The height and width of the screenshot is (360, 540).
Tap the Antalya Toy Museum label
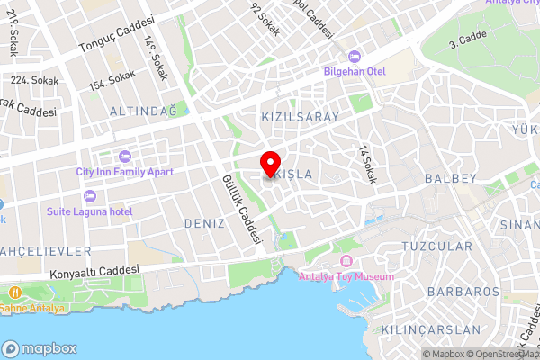(x=346, y=276)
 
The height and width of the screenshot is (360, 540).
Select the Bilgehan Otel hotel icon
(x=352, y=57)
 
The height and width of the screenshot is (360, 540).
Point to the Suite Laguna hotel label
(x=89, y=211)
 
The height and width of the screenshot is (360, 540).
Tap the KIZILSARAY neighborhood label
(x=300, y=118)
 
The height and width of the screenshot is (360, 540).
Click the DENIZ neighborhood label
(x=203, y=222)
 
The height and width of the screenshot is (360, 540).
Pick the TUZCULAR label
(x=436, y=246)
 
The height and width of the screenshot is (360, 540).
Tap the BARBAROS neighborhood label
(x=463, y=292)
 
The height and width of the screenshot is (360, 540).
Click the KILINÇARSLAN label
(x=430, y=329)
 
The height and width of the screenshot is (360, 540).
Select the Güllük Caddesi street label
(x=241, y=210)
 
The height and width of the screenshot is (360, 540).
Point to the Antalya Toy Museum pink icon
(x=346, y=261)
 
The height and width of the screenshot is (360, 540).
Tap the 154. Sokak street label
(x=112, y=81)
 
